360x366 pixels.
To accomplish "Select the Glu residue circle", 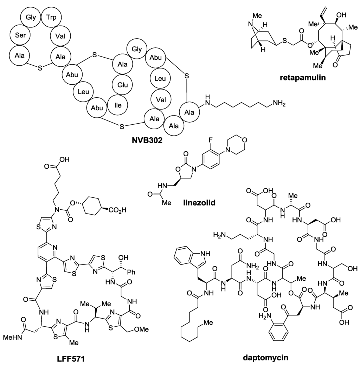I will (x=123, y=84).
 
